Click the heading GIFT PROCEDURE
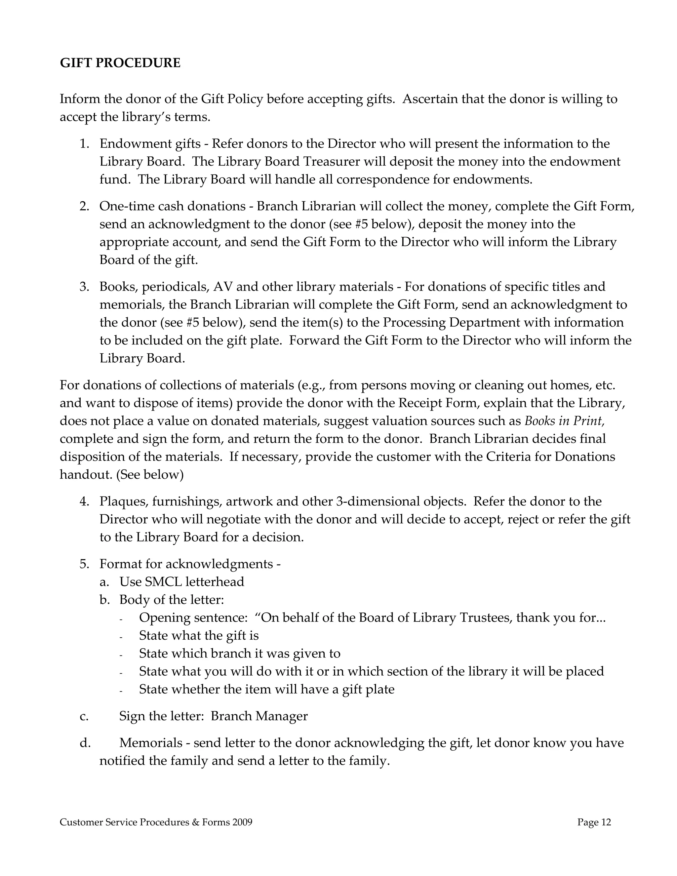pos(120,63)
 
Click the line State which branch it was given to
pos(239,654)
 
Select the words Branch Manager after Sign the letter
pos(259,716)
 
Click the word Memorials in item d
pos(151,743)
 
